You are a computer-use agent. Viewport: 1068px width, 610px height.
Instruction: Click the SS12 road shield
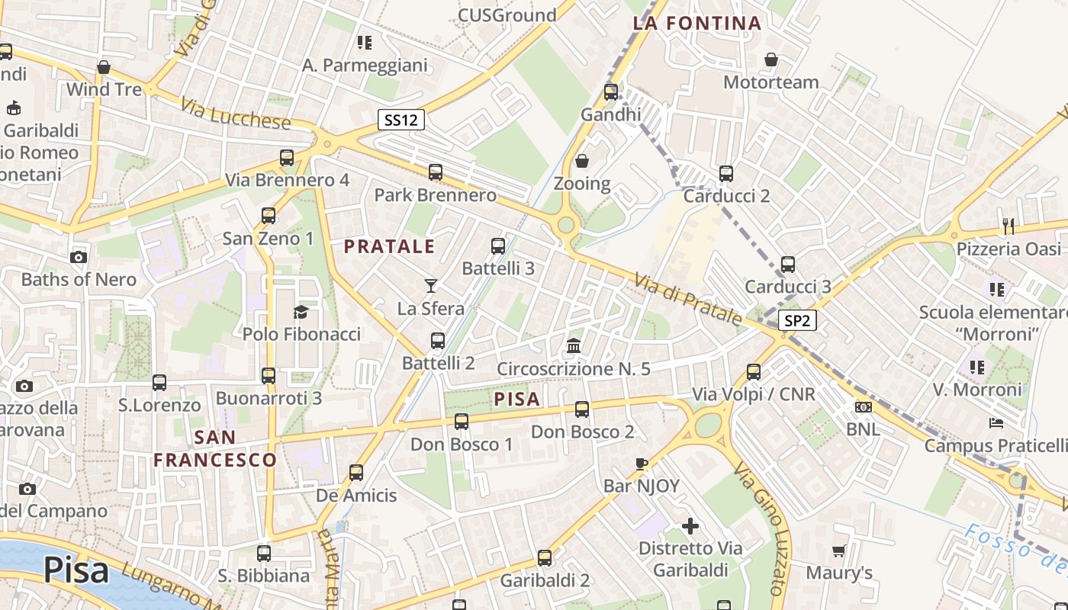(401, 120)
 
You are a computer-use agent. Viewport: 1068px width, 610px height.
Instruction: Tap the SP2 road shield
(797, 321)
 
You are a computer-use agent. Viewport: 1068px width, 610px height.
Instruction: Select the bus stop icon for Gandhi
(611, 92)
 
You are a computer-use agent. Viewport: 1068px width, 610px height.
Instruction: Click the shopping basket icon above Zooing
(582, 161)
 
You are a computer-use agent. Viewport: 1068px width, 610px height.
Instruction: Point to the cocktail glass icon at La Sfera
(431, 286)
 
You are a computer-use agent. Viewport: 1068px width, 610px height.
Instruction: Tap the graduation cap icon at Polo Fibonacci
(301, 312)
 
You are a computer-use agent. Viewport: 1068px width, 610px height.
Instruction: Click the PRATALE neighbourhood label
(389, 246)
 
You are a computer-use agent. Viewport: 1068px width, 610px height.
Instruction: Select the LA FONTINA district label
(697, 23)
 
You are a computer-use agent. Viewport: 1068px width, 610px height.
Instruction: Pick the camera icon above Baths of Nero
(79, 257)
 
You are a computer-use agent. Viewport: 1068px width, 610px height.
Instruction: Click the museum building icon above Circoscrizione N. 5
(574, 346)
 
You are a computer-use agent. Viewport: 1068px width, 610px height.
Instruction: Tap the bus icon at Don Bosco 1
(462, 421)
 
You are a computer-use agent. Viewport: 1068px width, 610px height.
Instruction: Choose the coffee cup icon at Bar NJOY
(642, 464)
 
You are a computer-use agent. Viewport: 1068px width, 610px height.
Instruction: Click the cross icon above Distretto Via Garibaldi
(690, 526)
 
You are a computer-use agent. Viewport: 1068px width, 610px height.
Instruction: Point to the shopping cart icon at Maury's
(839, 550)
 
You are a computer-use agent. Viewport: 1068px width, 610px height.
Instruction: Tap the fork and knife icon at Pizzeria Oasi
(1008, 226)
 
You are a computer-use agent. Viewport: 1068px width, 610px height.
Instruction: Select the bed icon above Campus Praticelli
(996, 422)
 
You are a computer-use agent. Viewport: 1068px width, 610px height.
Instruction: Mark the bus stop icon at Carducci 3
(788, 265)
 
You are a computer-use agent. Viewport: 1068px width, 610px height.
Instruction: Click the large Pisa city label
(76, 570)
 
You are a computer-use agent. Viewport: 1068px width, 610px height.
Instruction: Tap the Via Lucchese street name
(236, 112)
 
